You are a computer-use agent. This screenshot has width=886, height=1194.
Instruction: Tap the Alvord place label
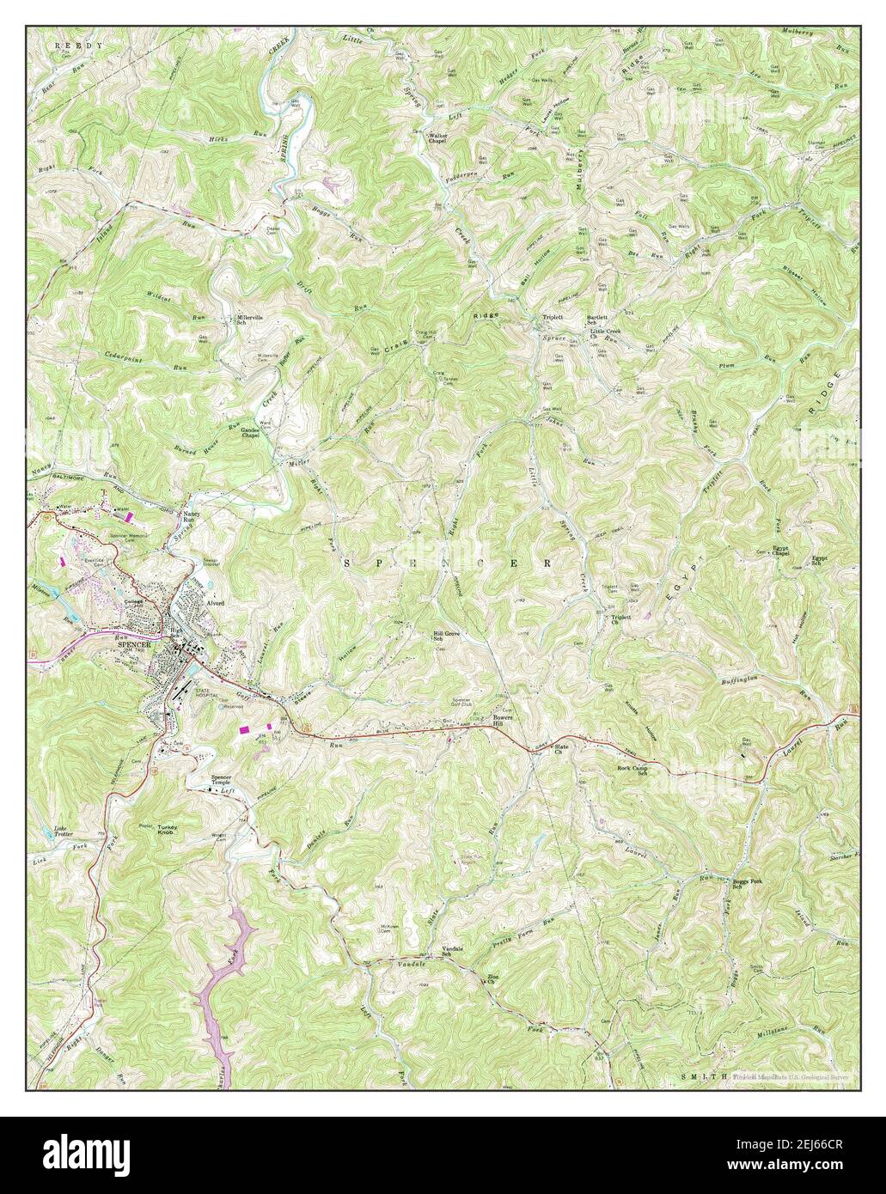tap(213, 603)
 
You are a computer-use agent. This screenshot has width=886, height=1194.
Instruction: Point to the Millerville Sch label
tap(254, 320)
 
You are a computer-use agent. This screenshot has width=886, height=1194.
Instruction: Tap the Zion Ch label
tap(494, 979)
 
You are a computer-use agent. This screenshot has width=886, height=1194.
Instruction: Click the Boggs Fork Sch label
tap(747, 884)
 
